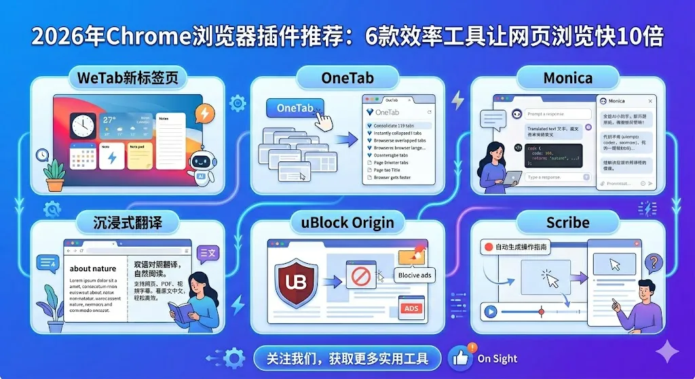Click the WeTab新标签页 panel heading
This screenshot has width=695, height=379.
pos(128,78)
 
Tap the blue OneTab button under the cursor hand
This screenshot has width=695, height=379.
pos(295,108)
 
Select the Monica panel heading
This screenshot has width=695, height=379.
pos(568,78)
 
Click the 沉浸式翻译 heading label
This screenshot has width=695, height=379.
pos(128,221)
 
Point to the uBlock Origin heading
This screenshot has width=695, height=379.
pos(347,222)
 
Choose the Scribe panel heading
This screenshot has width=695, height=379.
pos(567,222)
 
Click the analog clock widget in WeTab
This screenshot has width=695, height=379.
pos(83,126)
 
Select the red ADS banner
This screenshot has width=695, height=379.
pos(411,308)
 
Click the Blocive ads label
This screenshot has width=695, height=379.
pos(415,275)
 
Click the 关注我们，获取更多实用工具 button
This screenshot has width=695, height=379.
pos(347,358)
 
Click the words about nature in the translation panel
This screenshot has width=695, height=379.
pos(93,268)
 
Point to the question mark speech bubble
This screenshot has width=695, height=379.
pos(653,262)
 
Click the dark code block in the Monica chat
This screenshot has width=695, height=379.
pos(552,155)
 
